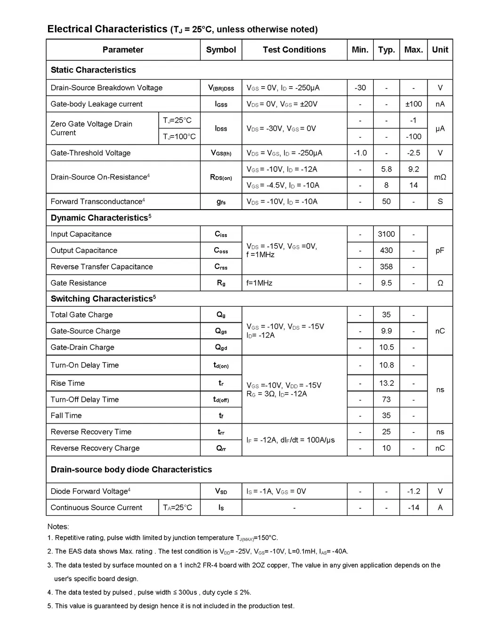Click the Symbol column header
[x=221, y=50]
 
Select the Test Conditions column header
[x=294, y=50]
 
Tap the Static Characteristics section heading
[x=93, y=70]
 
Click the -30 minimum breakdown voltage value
[x=360, y=88]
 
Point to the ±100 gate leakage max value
[x=413, y=104]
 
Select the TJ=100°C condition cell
[x=179, y=137]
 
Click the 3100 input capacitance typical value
[x=386, y=234]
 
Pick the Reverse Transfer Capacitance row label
[x=102, y=267]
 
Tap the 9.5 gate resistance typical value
[x=386, y=283]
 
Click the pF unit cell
[x=440, y=251]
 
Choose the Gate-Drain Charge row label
[x=82, y=347]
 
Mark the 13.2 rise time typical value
[x=386, y=383]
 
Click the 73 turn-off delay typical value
[x=386, y=399]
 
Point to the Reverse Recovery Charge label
[x=95, y=448]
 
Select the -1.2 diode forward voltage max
[x=413, y=491]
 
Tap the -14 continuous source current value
[x=413, y=508]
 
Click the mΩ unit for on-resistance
[x=440, y=177]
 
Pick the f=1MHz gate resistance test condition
[x=259, y=283]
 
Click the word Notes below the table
[x=58, y=527]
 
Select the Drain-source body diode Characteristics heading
[x=131, y=470]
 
